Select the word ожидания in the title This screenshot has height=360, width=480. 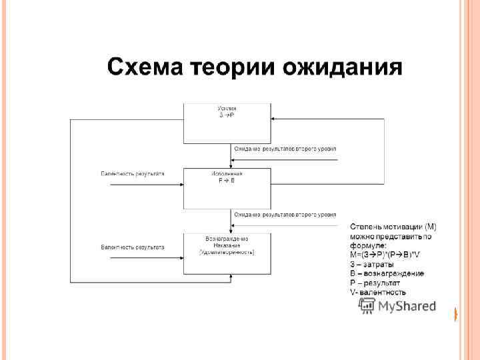point(342,68)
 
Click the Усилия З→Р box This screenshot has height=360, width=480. point(227,123)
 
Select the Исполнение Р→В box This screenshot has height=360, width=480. point(227,188)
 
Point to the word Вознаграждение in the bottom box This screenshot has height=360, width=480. point(227,239)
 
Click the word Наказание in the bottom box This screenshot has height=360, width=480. point(227,245)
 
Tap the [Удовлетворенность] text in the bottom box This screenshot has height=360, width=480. point(227,252)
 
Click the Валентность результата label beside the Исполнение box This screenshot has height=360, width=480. point(133,174)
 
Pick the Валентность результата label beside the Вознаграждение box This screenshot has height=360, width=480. point(133,247)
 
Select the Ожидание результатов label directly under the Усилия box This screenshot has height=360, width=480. point(285,149)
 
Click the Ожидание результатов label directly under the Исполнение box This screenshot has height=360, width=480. point(285,215)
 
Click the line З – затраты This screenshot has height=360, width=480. point(372,264)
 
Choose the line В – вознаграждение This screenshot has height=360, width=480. point(387,273)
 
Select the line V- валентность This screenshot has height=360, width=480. point(378,292)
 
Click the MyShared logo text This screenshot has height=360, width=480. point(407,307)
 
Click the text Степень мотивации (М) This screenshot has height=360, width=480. point(393,227)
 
